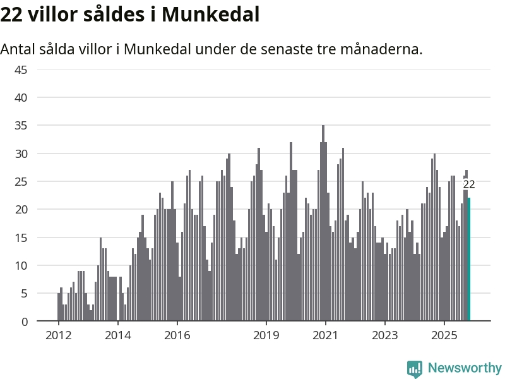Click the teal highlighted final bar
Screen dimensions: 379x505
[x=469, y=260]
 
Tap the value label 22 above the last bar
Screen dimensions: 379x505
[x=469, y=184]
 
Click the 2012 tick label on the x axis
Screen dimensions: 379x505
[x=57, y=335]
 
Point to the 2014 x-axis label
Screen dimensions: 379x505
[x=117, y=335]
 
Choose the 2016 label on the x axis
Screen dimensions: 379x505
[x=177, y=335]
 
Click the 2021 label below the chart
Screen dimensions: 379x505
[x=325, y=335]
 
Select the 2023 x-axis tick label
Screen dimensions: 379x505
[x=384, y=335]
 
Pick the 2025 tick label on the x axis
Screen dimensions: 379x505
[x=444, y=335]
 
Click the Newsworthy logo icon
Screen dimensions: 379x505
[x=414, y=368]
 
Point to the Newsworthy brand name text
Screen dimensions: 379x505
[x=465, y=368]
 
